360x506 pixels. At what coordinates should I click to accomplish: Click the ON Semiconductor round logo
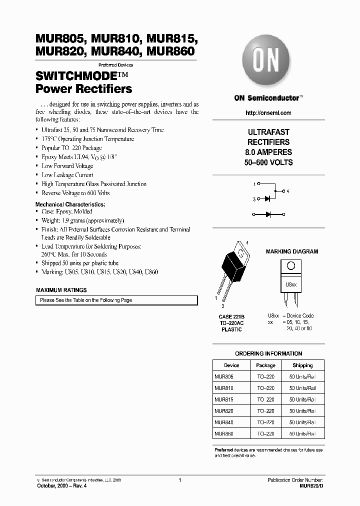(x=266, y=63)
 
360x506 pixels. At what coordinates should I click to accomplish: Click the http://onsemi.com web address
(x=268, y=113)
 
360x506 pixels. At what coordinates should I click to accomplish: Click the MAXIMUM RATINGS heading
(x=61, y=290)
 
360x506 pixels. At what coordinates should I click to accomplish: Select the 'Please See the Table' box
(x=116, y=300)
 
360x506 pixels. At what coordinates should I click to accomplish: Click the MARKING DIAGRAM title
(x=291, y=251)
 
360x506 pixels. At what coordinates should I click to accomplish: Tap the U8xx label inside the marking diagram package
(x=290, y=284)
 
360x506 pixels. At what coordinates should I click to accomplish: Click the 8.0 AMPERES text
(x=268, y=152)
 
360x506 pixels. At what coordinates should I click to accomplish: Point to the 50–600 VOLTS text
(x=268, y=162)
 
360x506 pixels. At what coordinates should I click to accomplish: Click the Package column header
(x=266, y=365)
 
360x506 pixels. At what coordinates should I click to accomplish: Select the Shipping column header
(x=302, y=365)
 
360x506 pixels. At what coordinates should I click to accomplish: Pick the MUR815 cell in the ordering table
(x=224, y=399)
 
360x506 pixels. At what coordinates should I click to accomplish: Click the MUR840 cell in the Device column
(x=224, y=422)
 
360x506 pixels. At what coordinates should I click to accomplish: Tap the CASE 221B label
(x=231, y=316)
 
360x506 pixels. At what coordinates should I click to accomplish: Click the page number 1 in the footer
(x=179, y=480)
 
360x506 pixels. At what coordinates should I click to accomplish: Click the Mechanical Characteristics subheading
(x=70, y=204)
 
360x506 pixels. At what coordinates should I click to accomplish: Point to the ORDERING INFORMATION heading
(x=268, y=353)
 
